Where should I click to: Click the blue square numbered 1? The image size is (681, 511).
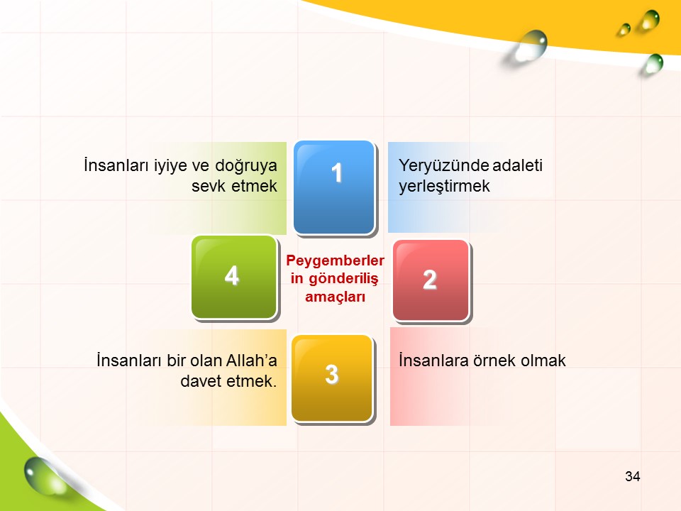334,187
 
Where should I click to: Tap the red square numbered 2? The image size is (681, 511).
431,280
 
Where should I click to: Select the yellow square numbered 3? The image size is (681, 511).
332,378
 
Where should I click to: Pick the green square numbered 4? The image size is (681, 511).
234,278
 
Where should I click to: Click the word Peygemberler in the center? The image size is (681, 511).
335,260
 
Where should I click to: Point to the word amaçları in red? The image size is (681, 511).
335,297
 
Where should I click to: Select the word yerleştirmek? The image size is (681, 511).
444,187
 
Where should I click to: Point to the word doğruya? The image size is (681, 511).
246,166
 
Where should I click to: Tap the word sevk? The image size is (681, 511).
209,186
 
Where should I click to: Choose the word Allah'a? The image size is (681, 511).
251,361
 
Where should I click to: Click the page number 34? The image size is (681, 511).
632,476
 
